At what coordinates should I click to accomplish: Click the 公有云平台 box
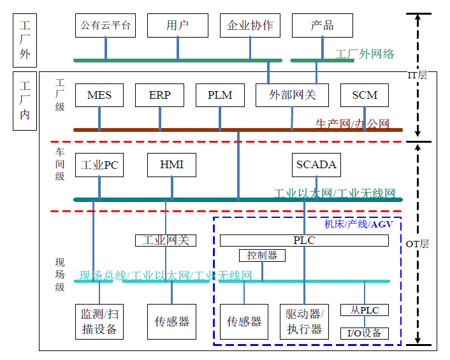tap(106, 25)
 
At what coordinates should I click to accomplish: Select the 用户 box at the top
tap(178, 25)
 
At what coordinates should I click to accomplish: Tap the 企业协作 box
tap(250, 25)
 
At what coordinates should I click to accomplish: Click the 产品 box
tap(323, 25)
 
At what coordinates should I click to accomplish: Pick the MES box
tap(99, 96)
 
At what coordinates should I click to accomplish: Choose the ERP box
tap(160, 96)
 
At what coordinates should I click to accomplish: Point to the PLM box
tap(220, 96)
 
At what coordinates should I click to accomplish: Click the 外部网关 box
tap(293, 96)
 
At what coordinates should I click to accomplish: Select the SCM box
tap(365, 96)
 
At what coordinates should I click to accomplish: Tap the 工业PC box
tap(99, 165)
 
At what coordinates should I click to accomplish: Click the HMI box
tap(172, 165)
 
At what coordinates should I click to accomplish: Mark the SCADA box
tap(316, 165)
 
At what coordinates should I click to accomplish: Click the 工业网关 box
tap(166, 240)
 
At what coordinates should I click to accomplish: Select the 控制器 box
tap(262, 256)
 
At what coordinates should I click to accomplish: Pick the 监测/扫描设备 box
tap(99, 321)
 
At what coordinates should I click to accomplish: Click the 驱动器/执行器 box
tap(304, 321)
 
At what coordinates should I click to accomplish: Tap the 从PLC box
tap(365, 310)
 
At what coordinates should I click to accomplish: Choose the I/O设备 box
tap(365, 333)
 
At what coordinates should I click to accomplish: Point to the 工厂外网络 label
tap(365, 54)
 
